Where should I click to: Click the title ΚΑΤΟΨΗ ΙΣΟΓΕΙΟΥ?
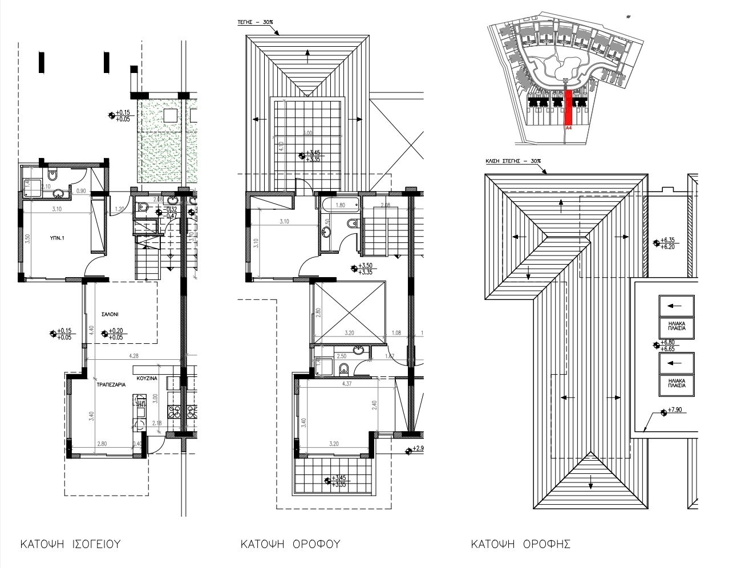click(x=70, y=543)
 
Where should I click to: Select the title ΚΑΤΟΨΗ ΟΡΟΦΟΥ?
click(x=290, y=543)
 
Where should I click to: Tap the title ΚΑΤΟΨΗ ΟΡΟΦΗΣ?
click(x=520, y=543)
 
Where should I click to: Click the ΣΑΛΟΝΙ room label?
click(x=110, y=314)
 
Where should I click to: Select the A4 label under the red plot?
click(x=568, y=129)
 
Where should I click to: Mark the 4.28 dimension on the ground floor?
click(x=134, y=356)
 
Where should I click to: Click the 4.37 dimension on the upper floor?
click(x=346, y=384)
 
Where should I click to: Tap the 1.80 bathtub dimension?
click(x=340, y=205)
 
